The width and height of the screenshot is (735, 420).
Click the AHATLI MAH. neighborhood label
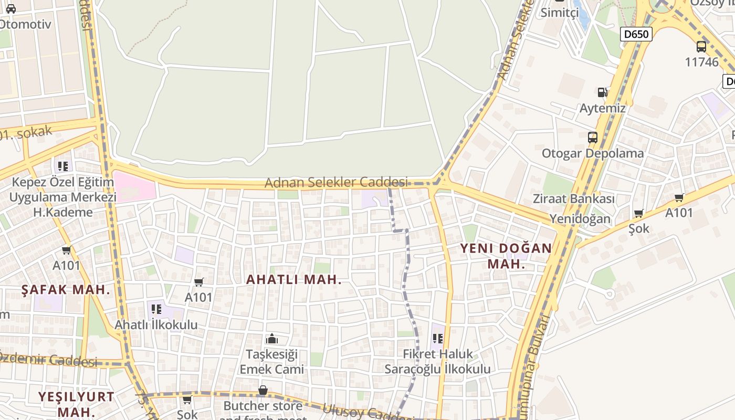point(294,280)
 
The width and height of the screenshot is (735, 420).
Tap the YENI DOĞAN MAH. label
point(506,256)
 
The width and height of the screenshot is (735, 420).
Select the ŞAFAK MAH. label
point(66,289)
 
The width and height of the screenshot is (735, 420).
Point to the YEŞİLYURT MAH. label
point(76,404)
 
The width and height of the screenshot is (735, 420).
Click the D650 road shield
point(636,35)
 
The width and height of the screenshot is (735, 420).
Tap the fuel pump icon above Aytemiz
point(602,92)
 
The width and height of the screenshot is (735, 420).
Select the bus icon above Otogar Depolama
point(593,138)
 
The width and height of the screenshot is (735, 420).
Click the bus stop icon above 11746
point(701,46)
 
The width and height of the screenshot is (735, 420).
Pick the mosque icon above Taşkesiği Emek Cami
point(272,339)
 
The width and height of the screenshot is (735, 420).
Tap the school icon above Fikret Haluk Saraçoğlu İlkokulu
point(438,338)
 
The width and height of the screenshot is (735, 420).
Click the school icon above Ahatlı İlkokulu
point(156,309)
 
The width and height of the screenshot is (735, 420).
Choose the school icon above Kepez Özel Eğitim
point(63,166)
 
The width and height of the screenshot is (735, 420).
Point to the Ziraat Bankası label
point(573,199)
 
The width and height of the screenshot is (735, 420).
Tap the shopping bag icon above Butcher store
point(263,391)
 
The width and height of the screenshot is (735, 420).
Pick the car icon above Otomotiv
point(10,8)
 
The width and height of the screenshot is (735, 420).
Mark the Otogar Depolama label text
point(593,153)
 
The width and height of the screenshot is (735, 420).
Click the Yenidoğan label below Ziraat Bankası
point(580,218)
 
